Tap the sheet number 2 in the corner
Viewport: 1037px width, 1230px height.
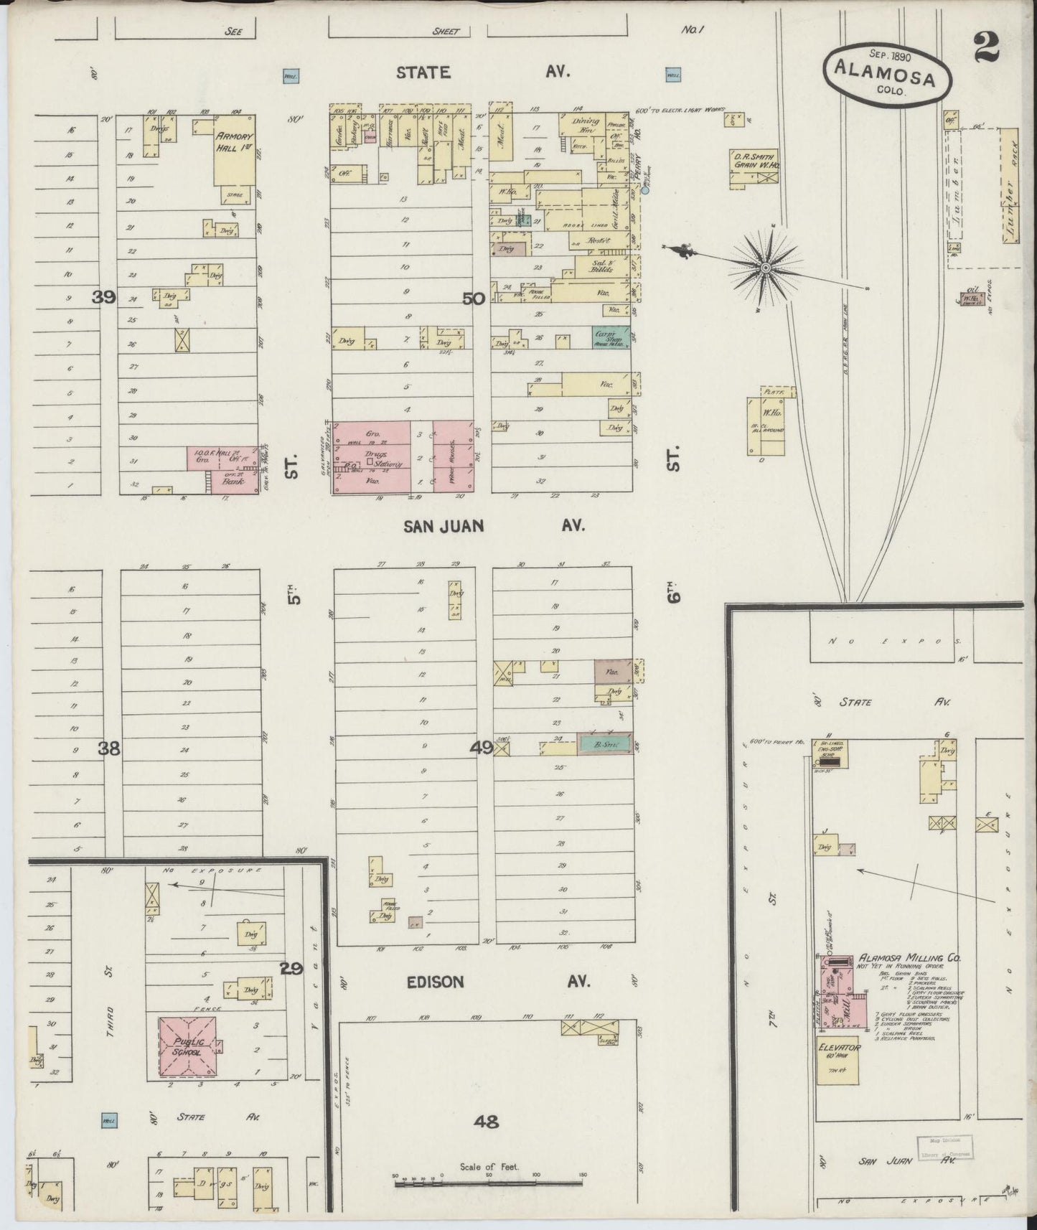987,50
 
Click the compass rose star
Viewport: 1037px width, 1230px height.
766,267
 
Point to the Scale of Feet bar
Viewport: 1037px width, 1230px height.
489,1180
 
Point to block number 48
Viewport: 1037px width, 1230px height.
486,1121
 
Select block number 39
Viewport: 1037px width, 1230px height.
104,296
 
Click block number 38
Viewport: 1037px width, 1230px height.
109,748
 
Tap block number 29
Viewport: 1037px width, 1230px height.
291,969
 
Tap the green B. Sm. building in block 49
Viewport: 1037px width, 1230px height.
605,745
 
